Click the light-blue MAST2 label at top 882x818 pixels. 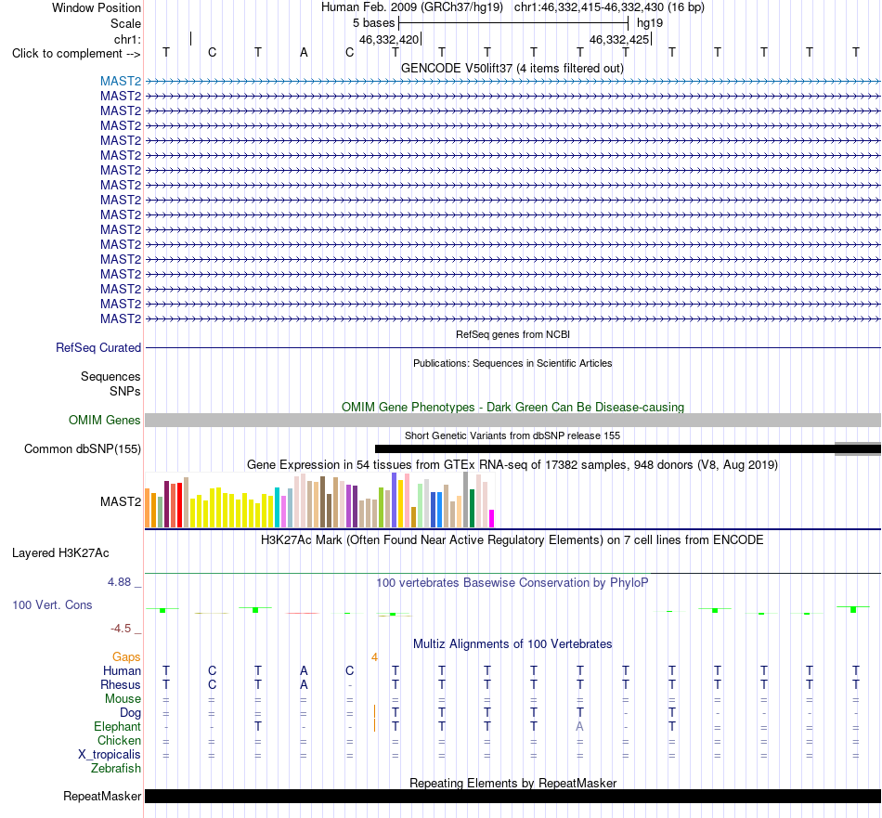click(121, 82)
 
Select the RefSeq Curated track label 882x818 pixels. click(97, 347)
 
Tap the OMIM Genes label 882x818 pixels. click(104, 421)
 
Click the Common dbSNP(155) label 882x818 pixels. click(82, 449)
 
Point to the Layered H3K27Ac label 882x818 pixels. click(60, 553)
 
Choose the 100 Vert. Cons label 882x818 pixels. click(52, 604)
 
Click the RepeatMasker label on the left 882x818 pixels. click(102, 796)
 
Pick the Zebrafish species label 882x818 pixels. click(116, 769)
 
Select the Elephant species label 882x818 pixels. click(117, 727)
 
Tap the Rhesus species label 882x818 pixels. click(121, 684)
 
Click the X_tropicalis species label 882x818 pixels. click(110, 755)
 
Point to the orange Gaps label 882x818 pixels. click(126, 657)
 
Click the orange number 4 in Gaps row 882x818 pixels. click(375, 657)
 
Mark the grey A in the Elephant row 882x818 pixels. click(579, 727)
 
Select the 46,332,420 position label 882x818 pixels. click(389, 39)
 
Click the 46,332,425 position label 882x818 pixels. click(618, 39)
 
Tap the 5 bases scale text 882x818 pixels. click(373, 23)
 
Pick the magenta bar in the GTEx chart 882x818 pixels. click(492, 518)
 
